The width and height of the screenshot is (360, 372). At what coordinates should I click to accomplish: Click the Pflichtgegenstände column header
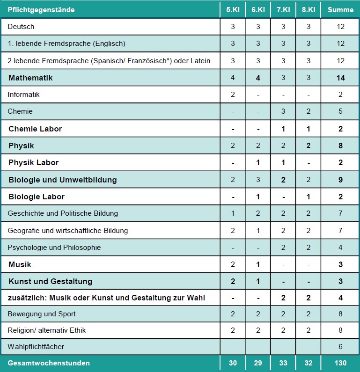pyautogui.click(x=41, y=10)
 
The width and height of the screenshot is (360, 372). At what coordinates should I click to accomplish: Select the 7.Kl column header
pyautogui.click(x=283, y=10)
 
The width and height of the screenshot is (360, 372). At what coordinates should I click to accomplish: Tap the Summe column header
pyautogui.click(x=340, y=10)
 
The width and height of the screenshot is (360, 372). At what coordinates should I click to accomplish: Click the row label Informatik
pyautogui.click(x=23, y=95)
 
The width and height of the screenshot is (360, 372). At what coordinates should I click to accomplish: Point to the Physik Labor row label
pyautogui.click(x=33, y=162)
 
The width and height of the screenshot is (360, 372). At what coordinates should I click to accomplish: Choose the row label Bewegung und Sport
pyautogui.click(x=42, y=314)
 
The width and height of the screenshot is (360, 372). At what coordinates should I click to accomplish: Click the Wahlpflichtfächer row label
pyautogui.click(x=36, y=347)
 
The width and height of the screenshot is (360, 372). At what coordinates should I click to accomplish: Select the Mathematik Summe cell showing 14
pyautogui.click(x=340, y=78)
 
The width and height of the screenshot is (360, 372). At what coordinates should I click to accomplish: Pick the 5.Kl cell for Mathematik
pyautogui.click(x=233, y=78)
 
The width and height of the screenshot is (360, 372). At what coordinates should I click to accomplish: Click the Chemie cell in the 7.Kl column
pyautogui.click(x=283, y=111)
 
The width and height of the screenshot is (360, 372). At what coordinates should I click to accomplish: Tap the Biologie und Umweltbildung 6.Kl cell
pyautogui.click(x=258, y=180)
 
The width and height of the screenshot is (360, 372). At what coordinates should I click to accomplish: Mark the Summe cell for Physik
pyautogui.click(x=340, y=146)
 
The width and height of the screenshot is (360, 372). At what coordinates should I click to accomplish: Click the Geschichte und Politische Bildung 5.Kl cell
pyautogui.click(x=233, y=213)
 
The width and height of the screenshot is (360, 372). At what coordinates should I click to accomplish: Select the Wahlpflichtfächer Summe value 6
pyautogui.click(x=340, y=347)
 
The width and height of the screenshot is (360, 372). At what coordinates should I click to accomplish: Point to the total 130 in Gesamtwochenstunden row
pyautogui.click(x=340, y=363)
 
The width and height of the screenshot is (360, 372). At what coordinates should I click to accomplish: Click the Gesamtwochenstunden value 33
pyautogui.click(x=283, y=363)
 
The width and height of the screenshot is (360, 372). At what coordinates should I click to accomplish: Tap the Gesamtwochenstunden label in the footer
pyautogui.click(x=49, y=363)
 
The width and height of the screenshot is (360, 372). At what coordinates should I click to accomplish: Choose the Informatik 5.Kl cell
pyautogui.click(x=233, y=95)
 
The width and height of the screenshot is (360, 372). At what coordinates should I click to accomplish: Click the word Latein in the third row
pyautogui.click(x=201, y=61)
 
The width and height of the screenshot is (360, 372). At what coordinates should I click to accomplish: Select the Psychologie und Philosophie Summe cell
pyautogui.click(x=340, y=247)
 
